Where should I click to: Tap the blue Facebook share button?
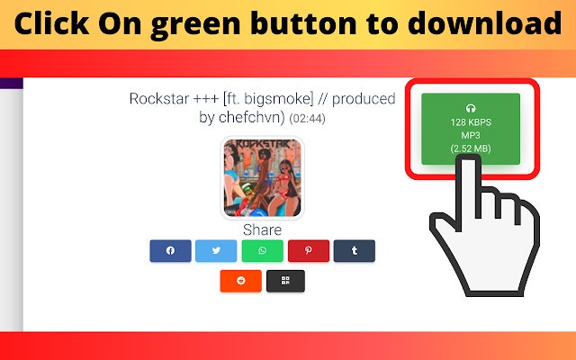[x=171, y=251]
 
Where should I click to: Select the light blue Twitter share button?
[x=216, y=251]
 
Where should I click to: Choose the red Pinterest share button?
[x=309, y=251]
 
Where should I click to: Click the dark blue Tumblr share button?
[x=354, y=251]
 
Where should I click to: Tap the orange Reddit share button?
[x=240, y=281]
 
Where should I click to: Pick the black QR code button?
[x=285, y=281]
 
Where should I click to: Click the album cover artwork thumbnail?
[x=262, y=177]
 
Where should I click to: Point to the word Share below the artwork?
[x=262, y=229]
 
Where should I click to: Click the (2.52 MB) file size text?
[x=470, y=148]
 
